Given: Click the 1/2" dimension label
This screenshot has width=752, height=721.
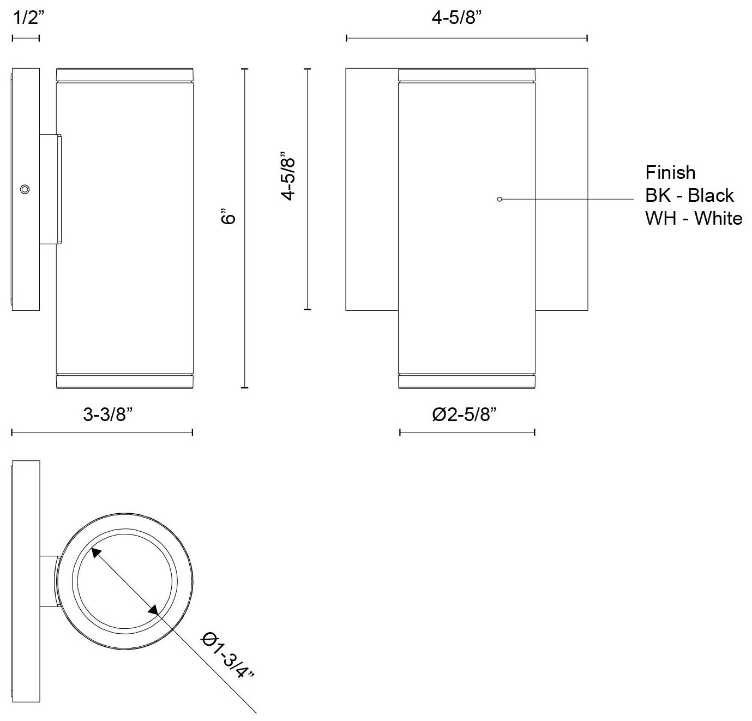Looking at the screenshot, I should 26,19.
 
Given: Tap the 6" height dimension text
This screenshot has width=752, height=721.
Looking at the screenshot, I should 228,217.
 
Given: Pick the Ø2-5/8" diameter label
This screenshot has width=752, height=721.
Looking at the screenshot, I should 465,415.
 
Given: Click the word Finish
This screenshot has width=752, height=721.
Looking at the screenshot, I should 670,173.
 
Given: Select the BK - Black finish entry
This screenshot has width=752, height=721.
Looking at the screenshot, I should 689,195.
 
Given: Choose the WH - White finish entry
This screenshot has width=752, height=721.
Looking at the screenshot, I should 693,218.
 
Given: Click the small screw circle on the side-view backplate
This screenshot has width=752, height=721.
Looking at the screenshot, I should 24,189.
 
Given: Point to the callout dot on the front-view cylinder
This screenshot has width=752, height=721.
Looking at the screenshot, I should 500,199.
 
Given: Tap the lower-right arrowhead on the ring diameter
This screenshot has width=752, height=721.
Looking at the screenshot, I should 153,610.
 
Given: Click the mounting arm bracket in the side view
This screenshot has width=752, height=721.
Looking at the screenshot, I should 50,188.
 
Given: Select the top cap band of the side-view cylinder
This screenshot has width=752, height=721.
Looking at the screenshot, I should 125,75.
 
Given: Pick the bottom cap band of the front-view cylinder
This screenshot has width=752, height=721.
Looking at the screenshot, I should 467,382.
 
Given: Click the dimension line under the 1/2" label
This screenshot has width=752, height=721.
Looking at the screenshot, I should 26,38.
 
